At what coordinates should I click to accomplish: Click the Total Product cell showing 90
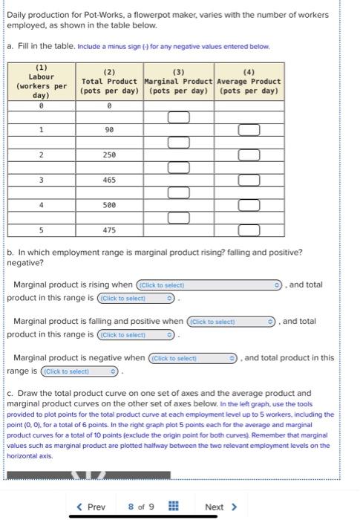(x=109, y=130)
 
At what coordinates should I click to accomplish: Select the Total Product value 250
(x=109, y=155)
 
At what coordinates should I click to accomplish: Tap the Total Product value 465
(x=109, y=180)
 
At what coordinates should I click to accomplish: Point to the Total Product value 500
(x=109, y=204)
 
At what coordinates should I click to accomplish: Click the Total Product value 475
(x=109, y=230)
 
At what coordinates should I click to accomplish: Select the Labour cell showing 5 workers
(x=42, y=230)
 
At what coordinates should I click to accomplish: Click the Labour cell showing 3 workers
(x=42, y=180)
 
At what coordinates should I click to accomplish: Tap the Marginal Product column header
(x=178, y=82)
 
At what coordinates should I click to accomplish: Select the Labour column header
(x=42, y=82)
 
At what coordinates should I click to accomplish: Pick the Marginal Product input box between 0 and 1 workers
(x=178, y=117)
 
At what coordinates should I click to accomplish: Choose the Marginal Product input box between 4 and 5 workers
(x=178, y=218)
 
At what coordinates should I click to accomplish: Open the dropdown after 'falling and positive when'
(x=232, y=322)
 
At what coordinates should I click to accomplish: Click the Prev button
(x=91, y=507)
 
